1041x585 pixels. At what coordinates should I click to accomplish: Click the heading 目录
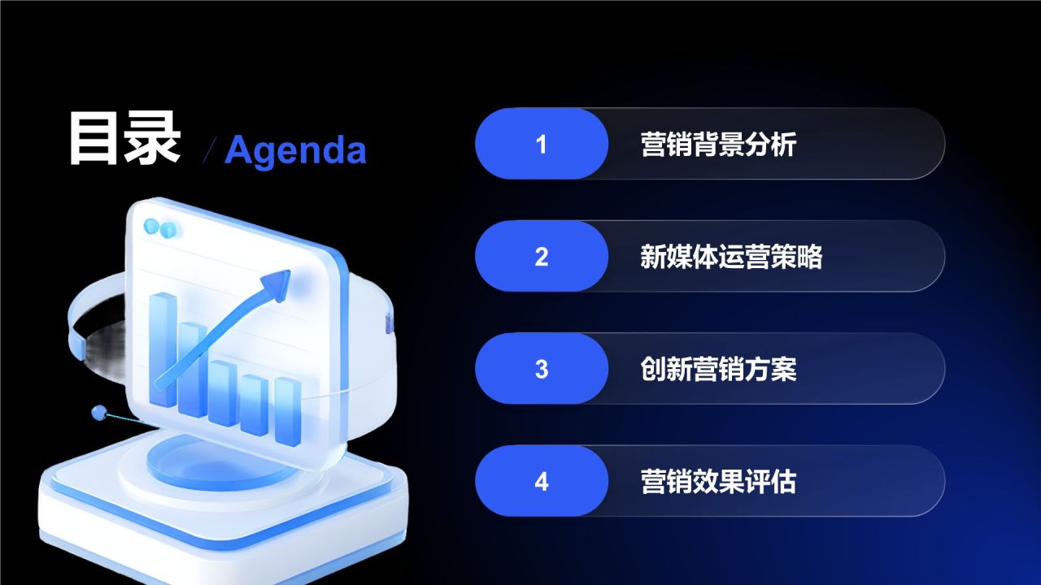tap(124, 138)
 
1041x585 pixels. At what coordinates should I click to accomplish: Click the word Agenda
tap(295, 150)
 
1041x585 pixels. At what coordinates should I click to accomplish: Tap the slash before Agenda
tap(210, 150)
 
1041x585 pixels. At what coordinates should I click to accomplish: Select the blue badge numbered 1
tap(542, 144)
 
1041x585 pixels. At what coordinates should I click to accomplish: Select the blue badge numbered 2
tap(542, 256)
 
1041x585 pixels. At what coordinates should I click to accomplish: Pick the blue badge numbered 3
tap(542, 368)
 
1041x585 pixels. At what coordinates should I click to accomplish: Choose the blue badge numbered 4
tap(542, 481)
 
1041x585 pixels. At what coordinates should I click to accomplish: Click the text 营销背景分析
tap(718, 145)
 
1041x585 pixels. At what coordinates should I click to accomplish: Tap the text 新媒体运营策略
tap(731, 257)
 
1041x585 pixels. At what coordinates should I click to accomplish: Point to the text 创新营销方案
tap(718, 370)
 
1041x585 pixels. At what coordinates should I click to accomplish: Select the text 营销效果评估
tap(718, 482)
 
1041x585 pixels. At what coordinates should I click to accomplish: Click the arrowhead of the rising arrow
tap(277, 284)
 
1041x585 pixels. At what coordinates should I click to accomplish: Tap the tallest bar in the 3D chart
tap(163, 349)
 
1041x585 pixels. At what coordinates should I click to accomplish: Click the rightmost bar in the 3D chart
tap(288, 411)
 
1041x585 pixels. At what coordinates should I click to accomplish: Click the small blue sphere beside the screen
tap(99, 412)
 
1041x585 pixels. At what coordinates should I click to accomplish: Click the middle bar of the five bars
tap(223, 392)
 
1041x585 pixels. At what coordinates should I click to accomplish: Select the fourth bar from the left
tap(255, 405)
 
